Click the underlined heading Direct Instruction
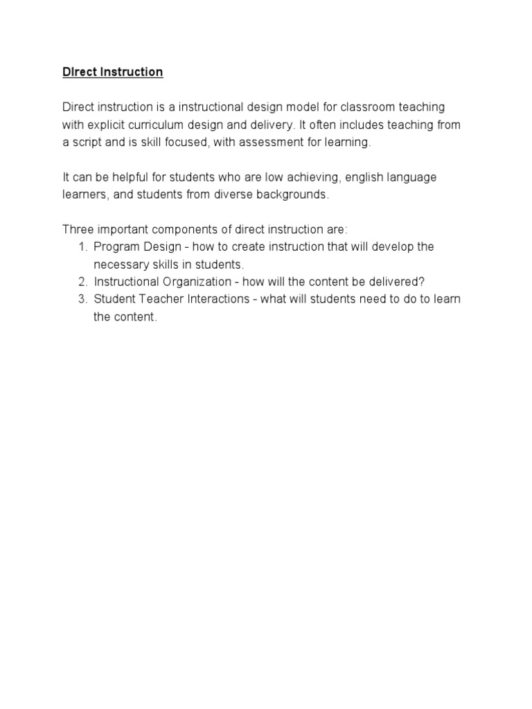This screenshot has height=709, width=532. click(112, 72)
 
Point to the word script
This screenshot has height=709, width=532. click(89, 143)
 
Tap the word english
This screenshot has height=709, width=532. click(369, 177)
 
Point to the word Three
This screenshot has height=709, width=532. click(78, 229)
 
